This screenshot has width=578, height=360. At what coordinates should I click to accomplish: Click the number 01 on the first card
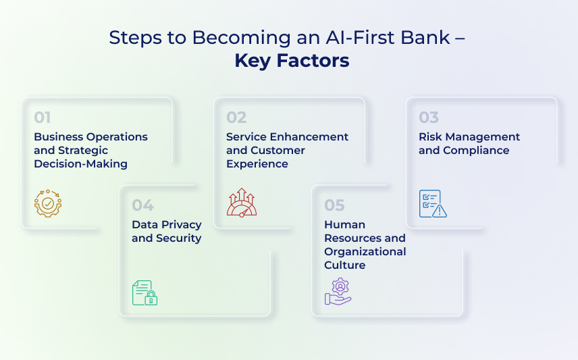[43, 118]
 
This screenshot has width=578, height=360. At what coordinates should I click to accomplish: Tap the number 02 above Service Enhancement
[236, 118]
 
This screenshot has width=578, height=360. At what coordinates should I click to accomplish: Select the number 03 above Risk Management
[429, 118]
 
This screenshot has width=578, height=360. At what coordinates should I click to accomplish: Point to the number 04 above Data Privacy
[142, 205]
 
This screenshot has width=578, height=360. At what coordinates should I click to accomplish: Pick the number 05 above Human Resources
[334, 205]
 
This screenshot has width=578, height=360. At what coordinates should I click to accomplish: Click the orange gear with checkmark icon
[48, 203]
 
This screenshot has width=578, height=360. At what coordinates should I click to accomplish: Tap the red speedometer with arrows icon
[242, 202]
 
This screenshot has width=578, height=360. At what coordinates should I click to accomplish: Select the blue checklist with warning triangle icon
[433, 203]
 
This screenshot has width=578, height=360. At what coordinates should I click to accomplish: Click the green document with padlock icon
[145, 292]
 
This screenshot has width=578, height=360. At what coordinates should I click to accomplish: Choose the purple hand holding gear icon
[338, 291]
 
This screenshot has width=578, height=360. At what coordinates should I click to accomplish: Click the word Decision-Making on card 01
[81, 163]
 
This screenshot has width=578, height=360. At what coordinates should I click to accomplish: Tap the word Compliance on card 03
[476, 151]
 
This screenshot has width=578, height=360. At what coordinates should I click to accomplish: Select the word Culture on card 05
[344, 265]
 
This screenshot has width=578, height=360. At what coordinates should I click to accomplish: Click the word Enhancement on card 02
[309, 137]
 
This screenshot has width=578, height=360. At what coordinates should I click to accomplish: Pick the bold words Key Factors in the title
[292, 61]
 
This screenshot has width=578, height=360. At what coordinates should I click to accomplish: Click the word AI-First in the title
[360, 37]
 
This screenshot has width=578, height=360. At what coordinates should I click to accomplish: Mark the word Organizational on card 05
[365, 252]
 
